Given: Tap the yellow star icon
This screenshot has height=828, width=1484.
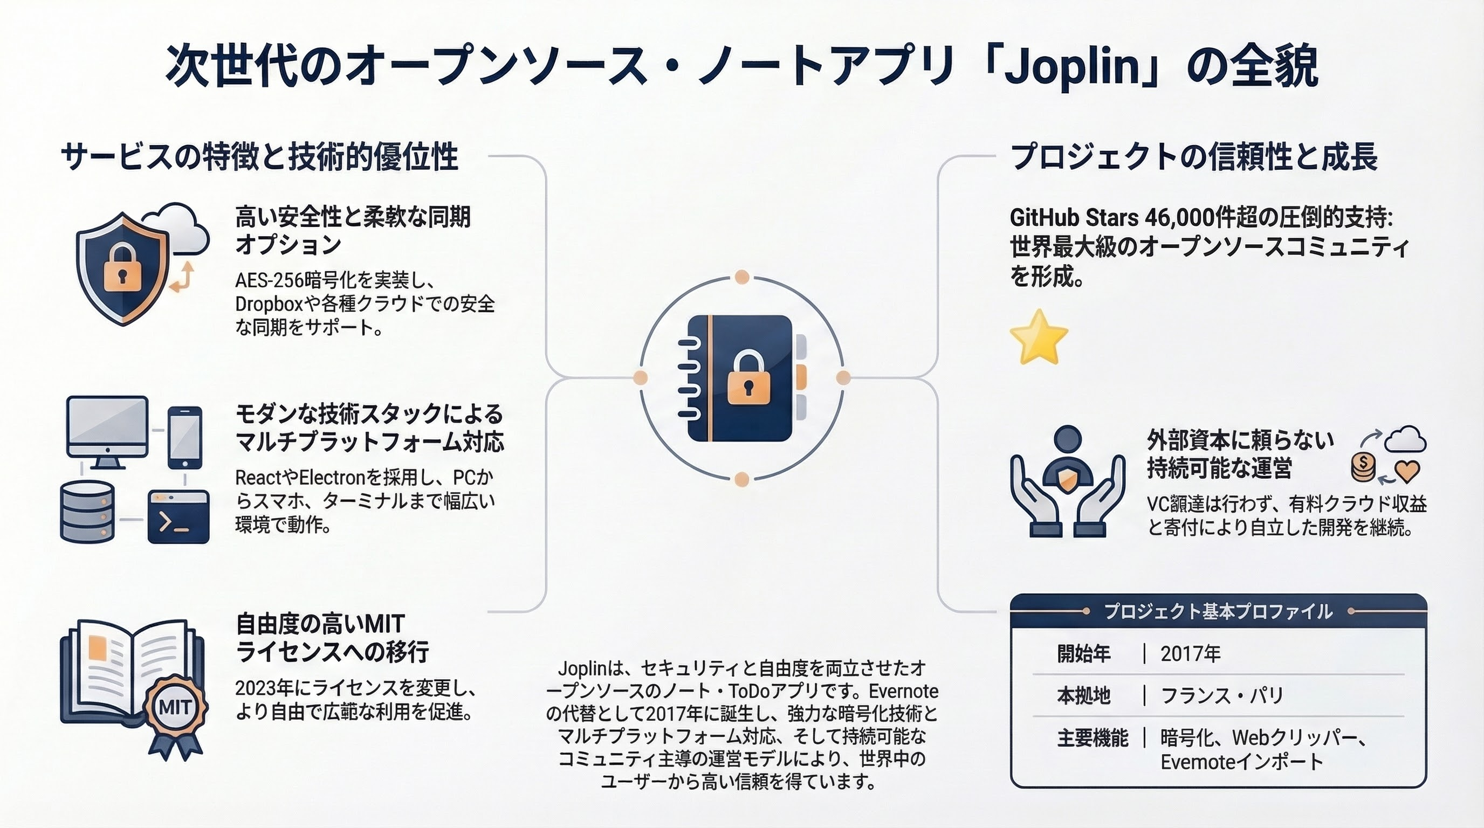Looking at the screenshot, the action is pyautogui.click(x=1039, y=337).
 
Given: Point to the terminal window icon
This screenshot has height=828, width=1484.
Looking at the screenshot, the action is pyautogui.click(x=178, y=516).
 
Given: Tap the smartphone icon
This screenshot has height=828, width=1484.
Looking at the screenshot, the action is pyautogui.click(x=185, y=438).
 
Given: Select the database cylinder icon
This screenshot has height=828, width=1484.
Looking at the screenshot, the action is pyautogui.click(x=87, y=512).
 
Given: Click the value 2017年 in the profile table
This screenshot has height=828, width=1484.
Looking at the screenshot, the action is pyautogui.click(x=1190, y=654).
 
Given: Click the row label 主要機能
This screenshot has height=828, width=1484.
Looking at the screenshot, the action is pyautogui.click(x=1093, y=738).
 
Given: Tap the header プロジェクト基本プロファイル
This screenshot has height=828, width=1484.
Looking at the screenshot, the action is pyautogui.click(x=1219, y=611).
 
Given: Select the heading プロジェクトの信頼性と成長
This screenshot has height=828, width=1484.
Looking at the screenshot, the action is pyautogui.click(x=1194, y=157).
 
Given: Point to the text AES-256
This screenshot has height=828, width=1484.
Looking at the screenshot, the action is pyautogui.click(x=269, y=280).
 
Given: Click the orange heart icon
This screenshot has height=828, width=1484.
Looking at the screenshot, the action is pyautogui.click(x=1406, y=471).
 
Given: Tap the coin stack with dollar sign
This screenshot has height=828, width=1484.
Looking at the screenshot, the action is pyautogui.click(x=1364, y=466).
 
